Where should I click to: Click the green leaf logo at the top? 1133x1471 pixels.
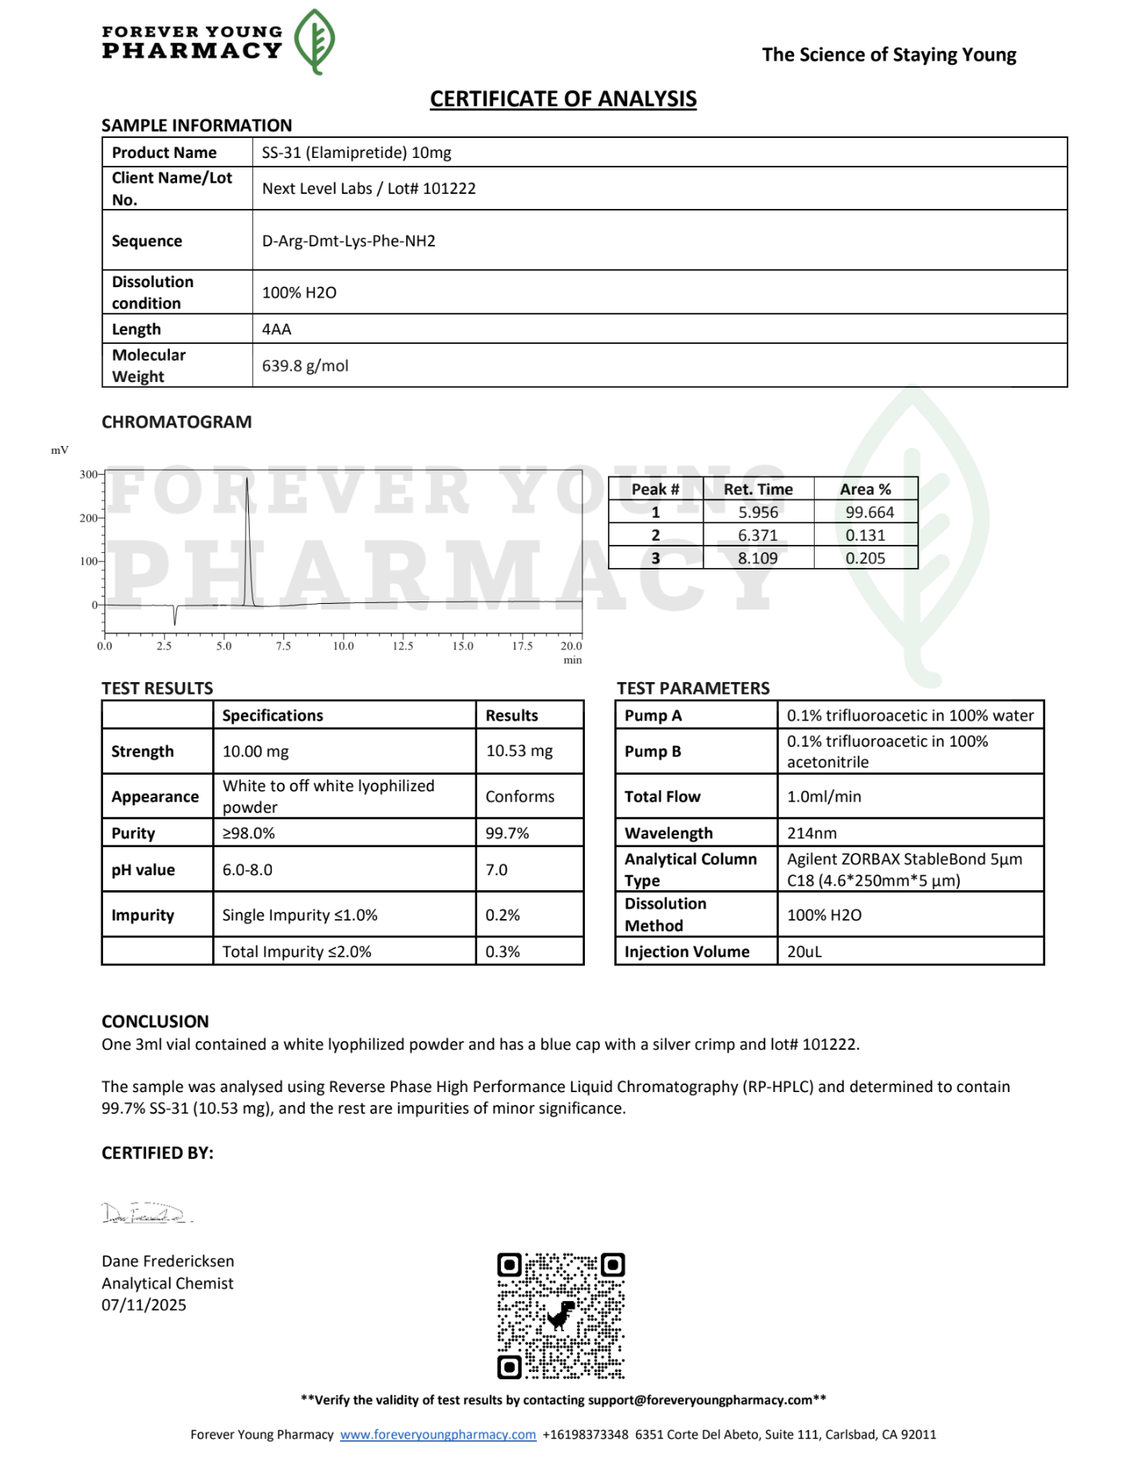click(x=314, y=41)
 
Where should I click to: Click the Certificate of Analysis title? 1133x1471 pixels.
click(x=563, y=99)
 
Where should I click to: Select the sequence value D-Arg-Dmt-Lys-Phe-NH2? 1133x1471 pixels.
click(x=349, y=241)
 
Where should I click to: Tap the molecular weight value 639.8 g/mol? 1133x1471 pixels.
click(x=305, y=366)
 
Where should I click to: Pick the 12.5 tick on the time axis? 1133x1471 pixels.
click(x=403, y=645)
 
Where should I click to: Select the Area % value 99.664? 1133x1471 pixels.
click(x=869, y=512)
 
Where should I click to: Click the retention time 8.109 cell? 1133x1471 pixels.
click(x=757, y=558)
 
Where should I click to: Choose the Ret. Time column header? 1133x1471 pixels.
click(x=758, y=489)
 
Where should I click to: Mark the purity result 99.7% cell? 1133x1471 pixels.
click(x=507, y=833)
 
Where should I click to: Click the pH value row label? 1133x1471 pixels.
click(x=143, y=870)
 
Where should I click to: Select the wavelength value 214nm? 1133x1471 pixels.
click(x=811, y=833)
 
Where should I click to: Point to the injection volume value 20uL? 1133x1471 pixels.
click(x=804, y=952)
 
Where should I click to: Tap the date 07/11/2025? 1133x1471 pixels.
click(x=144, y=1305)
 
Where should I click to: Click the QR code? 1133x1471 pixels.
click(x=561, y=1315)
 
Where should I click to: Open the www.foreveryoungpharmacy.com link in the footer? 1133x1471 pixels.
click(x=438, y=1434)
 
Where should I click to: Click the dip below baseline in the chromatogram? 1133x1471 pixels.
click(x=175, y=617)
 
